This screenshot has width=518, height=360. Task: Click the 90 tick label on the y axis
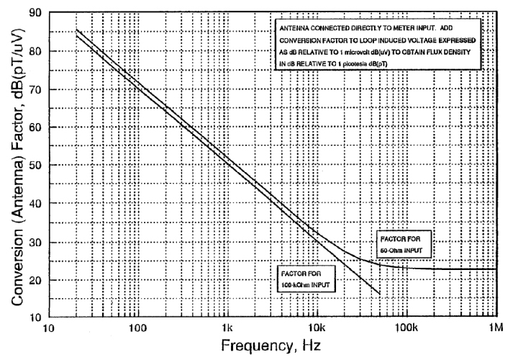(35, 14)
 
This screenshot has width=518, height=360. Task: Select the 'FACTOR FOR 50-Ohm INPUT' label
(404, 243)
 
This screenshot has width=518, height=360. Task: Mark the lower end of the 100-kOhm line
(379, 293)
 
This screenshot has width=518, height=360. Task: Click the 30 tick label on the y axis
(35, 240)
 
